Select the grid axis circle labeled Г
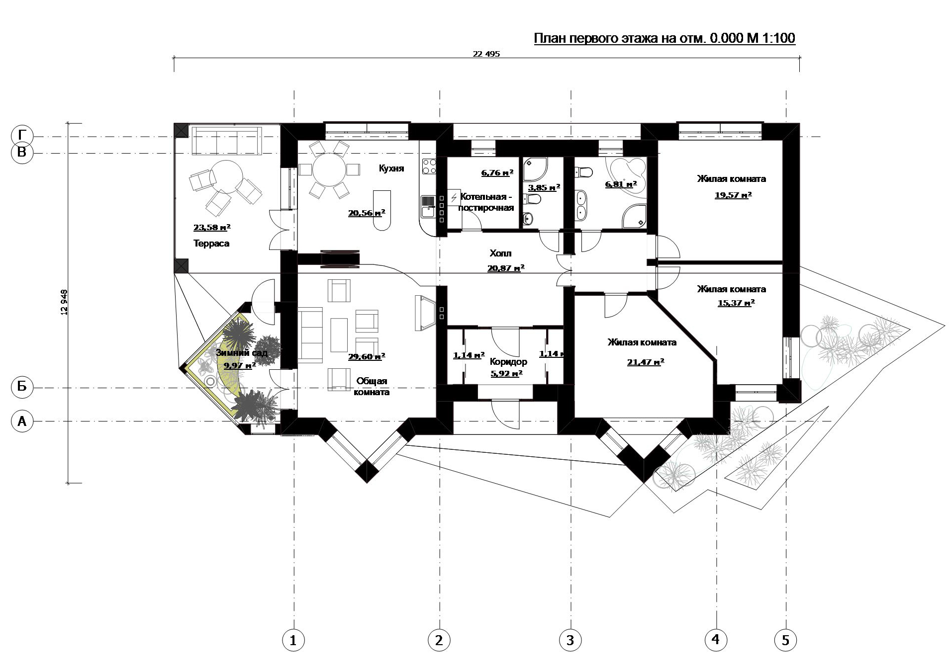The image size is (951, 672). tap(22, 136)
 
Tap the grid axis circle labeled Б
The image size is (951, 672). tap(22, 387)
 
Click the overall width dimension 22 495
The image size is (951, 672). tap(486, 54)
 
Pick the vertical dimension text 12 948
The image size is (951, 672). tap(63, 302)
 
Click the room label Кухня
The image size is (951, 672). tap(391, 168)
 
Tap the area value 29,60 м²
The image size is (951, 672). tap(367, 356)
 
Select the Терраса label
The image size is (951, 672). tap(211, 244)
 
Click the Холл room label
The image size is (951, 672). tap(500, 253)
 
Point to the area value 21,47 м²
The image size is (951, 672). tap(646, 362)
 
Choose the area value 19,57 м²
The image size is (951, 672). tap(733, 195)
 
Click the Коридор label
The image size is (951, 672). tap(508, 362)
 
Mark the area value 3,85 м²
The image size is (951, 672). tap(544, 187)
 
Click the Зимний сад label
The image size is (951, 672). tap(242, 353)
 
